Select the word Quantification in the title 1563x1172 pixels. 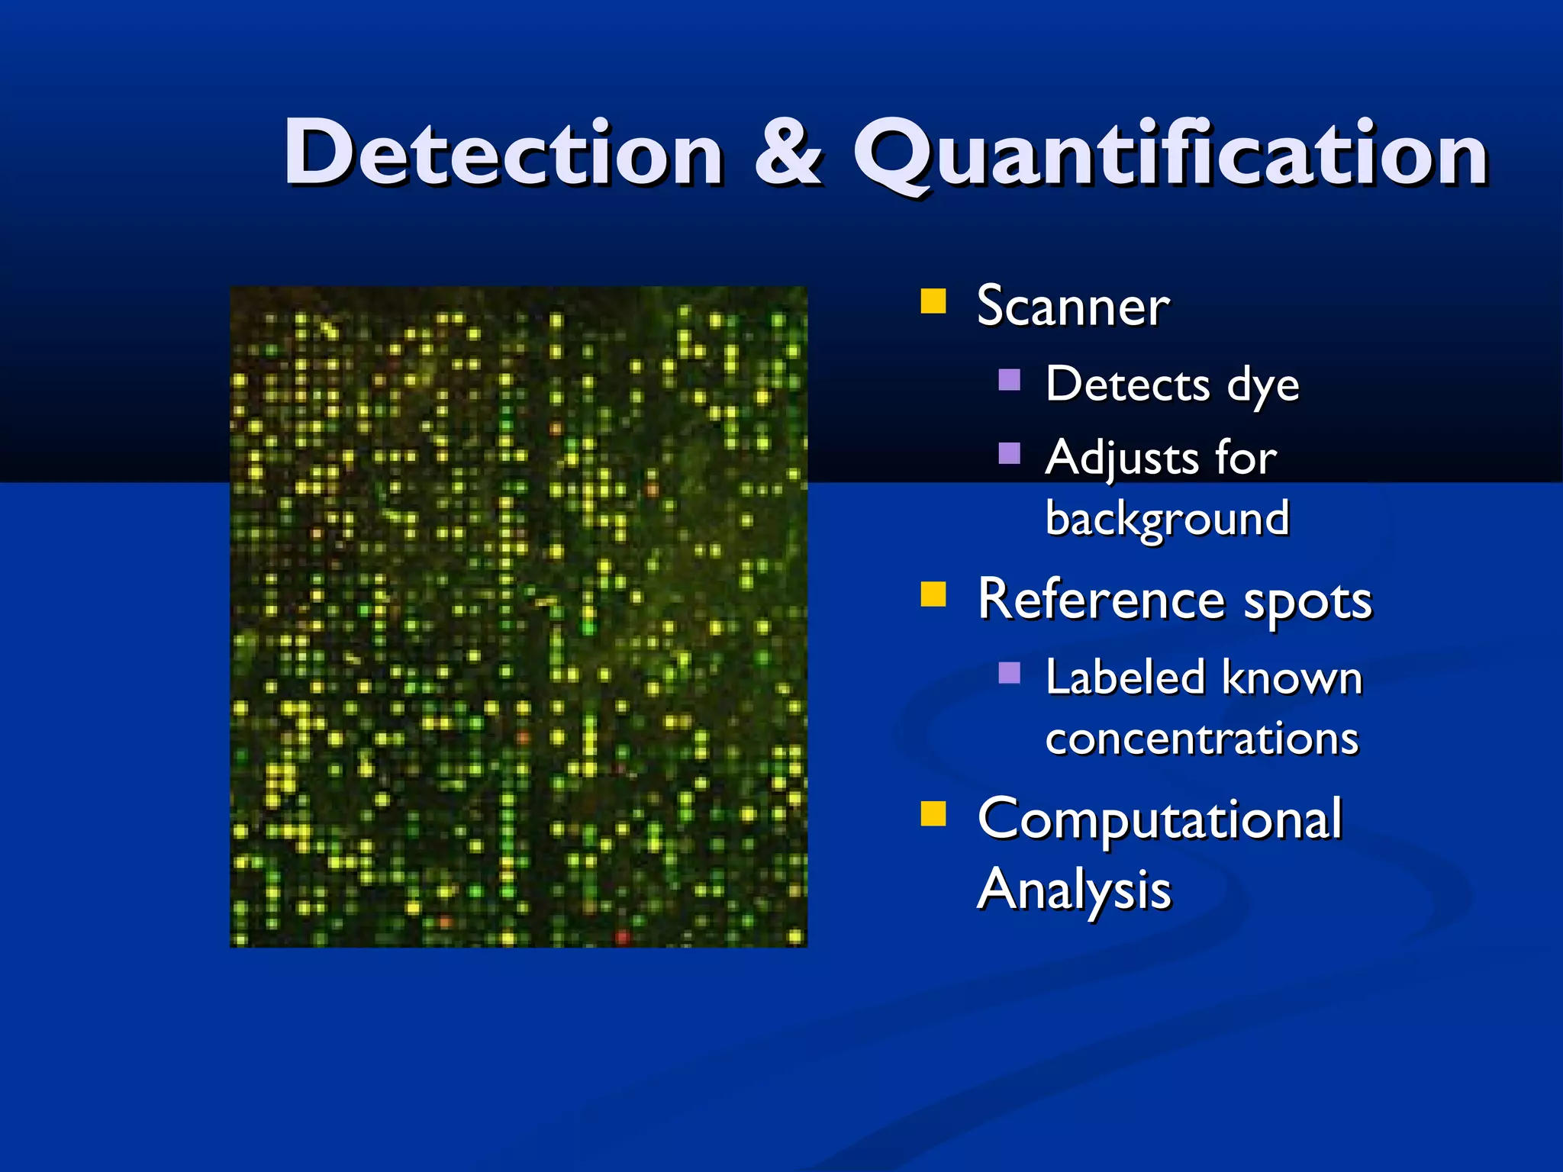1170,156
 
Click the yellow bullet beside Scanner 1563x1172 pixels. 933,301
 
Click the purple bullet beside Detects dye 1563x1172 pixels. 1009,379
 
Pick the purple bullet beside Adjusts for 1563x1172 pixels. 1009,453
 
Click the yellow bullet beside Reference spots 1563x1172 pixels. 933,594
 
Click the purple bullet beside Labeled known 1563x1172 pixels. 1009,672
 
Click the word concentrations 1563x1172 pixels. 1202,739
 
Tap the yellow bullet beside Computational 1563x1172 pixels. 933,814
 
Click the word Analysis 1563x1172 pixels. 1074,890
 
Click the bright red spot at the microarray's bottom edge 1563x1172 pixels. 622,935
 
